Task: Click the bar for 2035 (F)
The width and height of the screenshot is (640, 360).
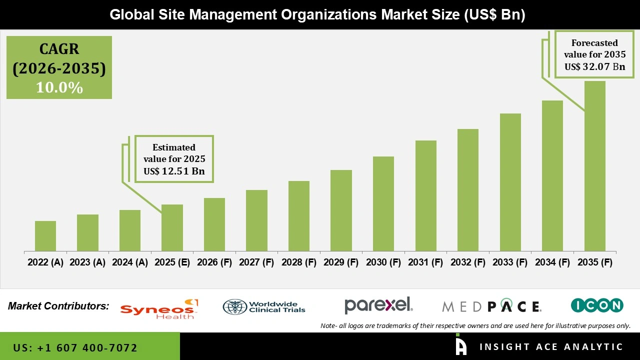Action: [x=594, y=166]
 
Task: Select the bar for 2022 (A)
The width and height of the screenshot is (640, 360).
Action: [x=45, y=236]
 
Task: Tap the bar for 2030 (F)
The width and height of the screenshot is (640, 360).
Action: [x=383, y=203]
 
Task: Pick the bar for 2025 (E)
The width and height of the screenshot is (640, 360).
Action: [x=172, y=227]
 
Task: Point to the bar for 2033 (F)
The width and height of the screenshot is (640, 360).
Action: [x=510, y=182]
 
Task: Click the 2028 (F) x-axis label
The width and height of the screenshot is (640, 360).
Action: [x=299, y=262]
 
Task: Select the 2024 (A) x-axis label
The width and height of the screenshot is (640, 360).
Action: [x=130, y=262]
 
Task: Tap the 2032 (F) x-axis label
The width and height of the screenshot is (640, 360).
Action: [x=468, y=262]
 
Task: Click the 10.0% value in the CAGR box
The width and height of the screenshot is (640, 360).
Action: [x=59, y=88]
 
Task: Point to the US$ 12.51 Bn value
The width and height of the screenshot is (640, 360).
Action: [x=174, y=171]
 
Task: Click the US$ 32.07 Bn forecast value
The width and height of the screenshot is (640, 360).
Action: [x=594, y=66]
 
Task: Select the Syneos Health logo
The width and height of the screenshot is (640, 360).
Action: [x=159, y=309]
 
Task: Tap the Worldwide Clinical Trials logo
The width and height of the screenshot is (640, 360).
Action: [x=264, y=306]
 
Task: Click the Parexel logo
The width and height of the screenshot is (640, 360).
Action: [x=378, y=305]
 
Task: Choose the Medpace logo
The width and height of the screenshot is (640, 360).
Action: [x=491, y=306]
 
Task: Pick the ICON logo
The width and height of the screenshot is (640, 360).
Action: [x=597, y=305]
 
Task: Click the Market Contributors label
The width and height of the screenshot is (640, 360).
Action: [x=58, y=306]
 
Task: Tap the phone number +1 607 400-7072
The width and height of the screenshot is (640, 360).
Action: [x=75, y=347]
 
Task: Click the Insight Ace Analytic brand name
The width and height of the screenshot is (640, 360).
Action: [x=551, y=347]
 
